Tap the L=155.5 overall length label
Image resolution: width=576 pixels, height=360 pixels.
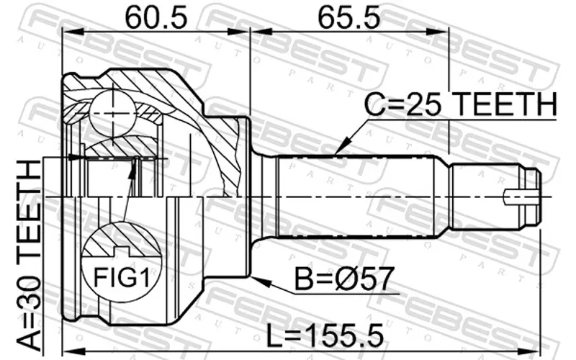click(325, 335)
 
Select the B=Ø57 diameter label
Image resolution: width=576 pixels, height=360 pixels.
click(345, 279)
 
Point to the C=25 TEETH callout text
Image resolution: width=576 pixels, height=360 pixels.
click(461, 104)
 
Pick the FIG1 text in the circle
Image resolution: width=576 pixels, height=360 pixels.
click(122, 277)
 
